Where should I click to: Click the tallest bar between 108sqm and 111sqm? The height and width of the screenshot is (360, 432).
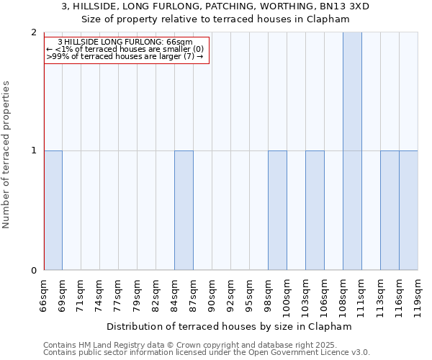[352, 151]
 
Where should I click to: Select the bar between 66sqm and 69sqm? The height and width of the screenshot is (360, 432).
[53, 210]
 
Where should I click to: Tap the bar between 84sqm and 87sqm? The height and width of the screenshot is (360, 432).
[184, 210]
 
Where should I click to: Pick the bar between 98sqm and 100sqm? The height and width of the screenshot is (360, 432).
[277, 210]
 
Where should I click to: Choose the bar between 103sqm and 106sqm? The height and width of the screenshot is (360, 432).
[315, 210]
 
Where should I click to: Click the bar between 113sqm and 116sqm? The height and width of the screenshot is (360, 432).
[390, 210]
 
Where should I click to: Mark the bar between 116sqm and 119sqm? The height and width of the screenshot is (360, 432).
[408, 210]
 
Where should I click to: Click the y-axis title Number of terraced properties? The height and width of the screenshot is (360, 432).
[7, 155]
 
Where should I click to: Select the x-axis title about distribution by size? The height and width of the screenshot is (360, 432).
[233, 326]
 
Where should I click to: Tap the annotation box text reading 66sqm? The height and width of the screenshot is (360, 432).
[179, 42]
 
